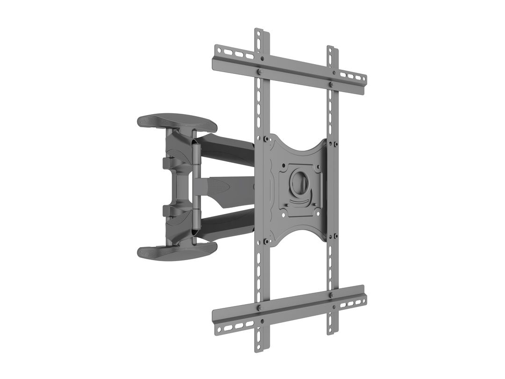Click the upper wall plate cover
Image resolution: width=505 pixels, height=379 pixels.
point(177,122)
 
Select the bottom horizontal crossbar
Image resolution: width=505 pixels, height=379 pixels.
point(290,310)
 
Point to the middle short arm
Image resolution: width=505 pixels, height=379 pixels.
point(224,187)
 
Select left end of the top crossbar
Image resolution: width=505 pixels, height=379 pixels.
point(216,52)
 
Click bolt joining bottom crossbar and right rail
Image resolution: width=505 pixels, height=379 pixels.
point(331,296)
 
